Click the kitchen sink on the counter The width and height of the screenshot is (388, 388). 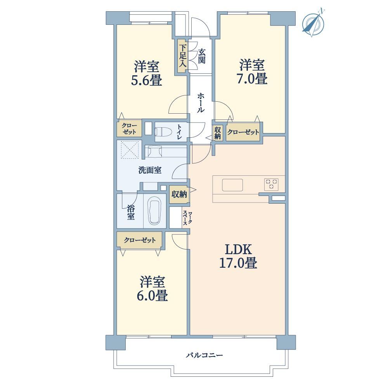[232, 185]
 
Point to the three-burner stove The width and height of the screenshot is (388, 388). [271, 184]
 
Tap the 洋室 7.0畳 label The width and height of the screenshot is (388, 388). [252, 72]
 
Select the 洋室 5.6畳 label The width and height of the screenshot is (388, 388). [147, 73]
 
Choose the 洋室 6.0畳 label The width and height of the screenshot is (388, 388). [152, 289]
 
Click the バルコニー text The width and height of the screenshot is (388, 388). [204, 355]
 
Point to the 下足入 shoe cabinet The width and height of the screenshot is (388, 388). [183, 56]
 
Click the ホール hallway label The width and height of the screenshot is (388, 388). [201, 103]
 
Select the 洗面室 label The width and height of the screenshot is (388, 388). [150, 170]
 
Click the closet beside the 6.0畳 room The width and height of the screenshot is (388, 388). [140, 240]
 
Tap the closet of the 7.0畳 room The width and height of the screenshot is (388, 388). [243, 132]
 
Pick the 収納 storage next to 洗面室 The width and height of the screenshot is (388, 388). [179, 194]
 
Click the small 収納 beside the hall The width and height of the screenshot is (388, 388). [218, 133]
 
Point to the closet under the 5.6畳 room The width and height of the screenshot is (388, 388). [129, 128]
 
